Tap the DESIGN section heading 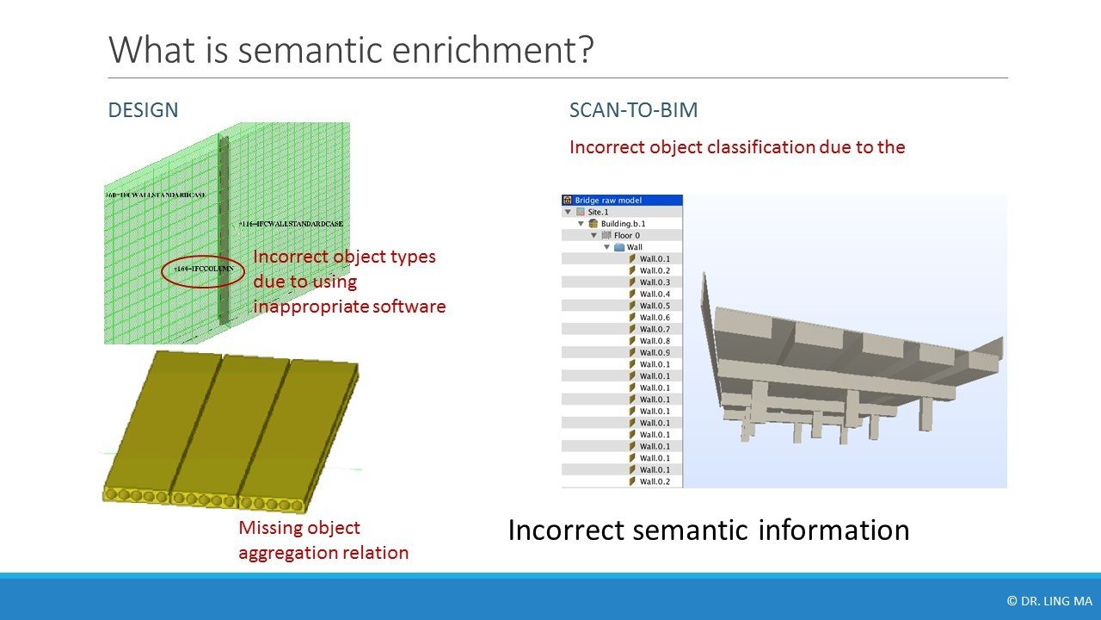[x=143, y=110]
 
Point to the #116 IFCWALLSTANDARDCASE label [x=292, y=224]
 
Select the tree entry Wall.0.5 [x=655, y=306]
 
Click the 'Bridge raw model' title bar [x=622, y=200]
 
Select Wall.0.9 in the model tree [x=655, y=353]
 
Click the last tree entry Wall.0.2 [x=655, y=482]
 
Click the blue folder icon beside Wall [x=619, y=247]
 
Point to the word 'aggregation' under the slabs [x=286, y=553]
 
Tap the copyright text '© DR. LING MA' [x=1049, y=601]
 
